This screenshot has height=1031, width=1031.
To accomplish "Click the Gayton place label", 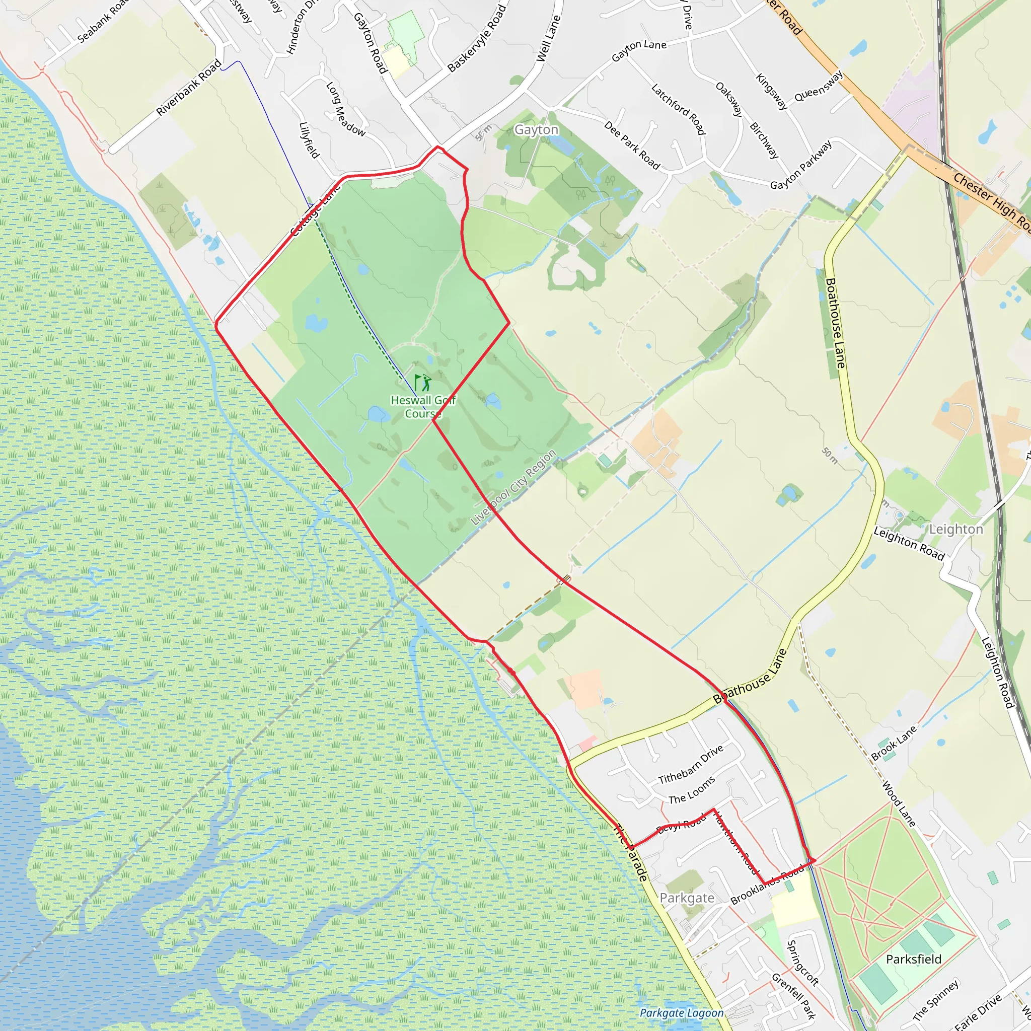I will coord(536,130).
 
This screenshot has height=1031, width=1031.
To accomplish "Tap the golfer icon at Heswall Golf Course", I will coord(423,383).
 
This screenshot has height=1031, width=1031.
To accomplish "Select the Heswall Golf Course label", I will coord(423,407).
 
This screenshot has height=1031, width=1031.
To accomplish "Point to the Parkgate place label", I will coord(687,898).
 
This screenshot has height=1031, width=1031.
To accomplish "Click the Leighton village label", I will coord(956,529).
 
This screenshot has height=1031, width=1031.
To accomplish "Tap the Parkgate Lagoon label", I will coord(682,1013).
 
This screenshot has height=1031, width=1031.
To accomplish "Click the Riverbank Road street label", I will coord(188,88).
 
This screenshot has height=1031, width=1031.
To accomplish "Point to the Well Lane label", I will coord(548,38).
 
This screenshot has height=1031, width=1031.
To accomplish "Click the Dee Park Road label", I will coord(632,145).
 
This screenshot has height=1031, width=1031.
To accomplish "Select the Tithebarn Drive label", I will coord(691,764).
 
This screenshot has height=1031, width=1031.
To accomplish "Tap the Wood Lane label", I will coord(898,803).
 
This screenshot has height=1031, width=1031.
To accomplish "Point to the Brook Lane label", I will coord(894,743).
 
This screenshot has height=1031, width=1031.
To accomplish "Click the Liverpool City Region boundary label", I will coord(513,487).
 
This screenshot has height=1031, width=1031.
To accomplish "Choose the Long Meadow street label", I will coord(345,109).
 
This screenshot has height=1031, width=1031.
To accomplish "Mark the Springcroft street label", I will coord(802,962).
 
